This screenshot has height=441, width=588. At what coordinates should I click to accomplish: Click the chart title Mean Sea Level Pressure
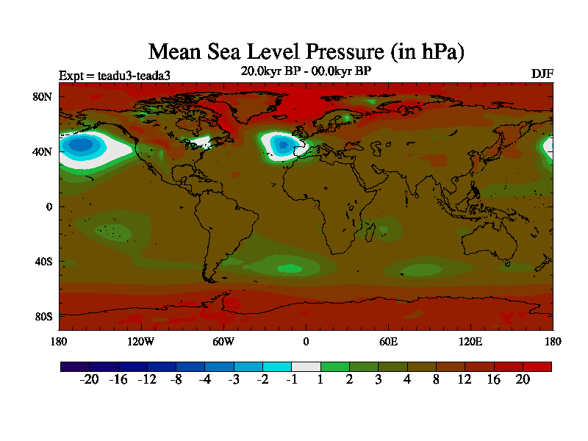[306, 51]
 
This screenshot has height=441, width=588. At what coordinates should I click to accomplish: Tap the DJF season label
[542, 74]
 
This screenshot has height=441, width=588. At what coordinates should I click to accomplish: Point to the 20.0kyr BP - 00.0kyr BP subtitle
[306, 71]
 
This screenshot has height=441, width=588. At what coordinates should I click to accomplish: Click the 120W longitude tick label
[141, 341]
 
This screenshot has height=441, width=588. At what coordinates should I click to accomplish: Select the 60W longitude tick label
[223, 341]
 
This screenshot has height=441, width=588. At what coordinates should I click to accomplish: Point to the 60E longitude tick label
[388, 341]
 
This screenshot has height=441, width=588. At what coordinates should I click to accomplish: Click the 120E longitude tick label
[470, 341]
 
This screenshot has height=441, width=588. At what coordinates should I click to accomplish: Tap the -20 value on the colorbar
[89, 379]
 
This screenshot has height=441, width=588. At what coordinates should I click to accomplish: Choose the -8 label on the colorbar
[176, 379]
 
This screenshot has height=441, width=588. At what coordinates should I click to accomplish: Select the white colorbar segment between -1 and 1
[306, 366]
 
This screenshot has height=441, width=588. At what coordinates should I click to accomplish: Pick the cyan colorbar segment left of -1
[277, 366]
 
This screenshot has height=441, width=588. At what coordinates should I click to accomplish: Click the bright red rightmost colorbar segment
[537, 366]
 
